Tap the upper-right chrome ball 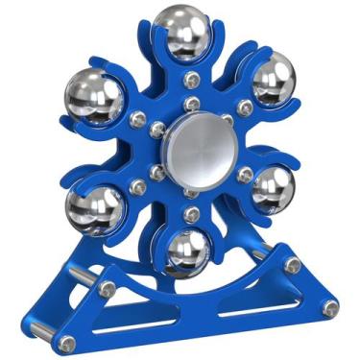pos(272,76)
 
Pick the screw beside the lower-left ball pos(144,188)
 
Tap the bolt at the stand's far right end pos(330,308)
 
